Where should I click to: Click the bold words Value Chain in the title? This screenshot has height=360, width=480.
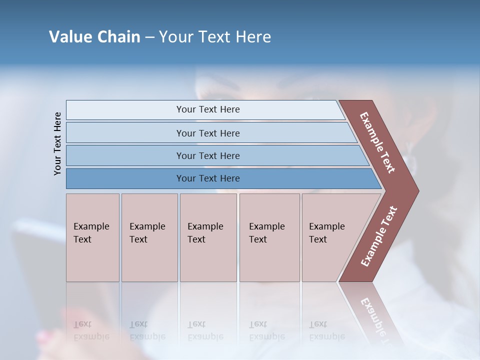[94, 37]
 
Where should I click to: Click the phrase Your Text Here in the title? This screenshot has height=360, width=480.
[215, 37]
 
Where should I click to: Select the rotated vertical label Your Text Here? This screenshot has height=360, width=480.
[57, 143]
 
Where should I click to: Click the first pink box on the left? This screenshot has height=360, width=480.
[92, 237]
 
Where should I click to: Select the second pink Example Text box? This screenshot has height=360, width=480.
[149, 237]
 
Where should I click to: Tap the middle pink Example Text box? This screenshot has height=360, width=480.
[208, 237]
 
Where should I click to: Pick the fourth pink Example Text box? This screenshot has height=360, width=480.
[269, 237]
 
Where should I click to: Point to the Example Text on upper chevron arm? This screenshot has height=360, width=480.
[377, 142]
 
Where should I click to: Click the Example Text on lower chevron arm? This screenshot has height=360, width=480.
[378, 236]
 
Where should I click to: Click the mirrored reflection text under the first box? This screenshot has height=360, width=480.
[91, 330]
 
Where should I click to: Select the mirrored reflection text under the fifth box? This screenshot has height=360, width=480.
[326, 330]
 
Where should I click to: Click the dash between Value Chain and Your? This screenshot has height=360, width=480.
[149, 37]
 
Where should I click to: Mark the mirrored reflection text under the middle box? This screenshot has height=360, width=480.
[205, 330]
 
